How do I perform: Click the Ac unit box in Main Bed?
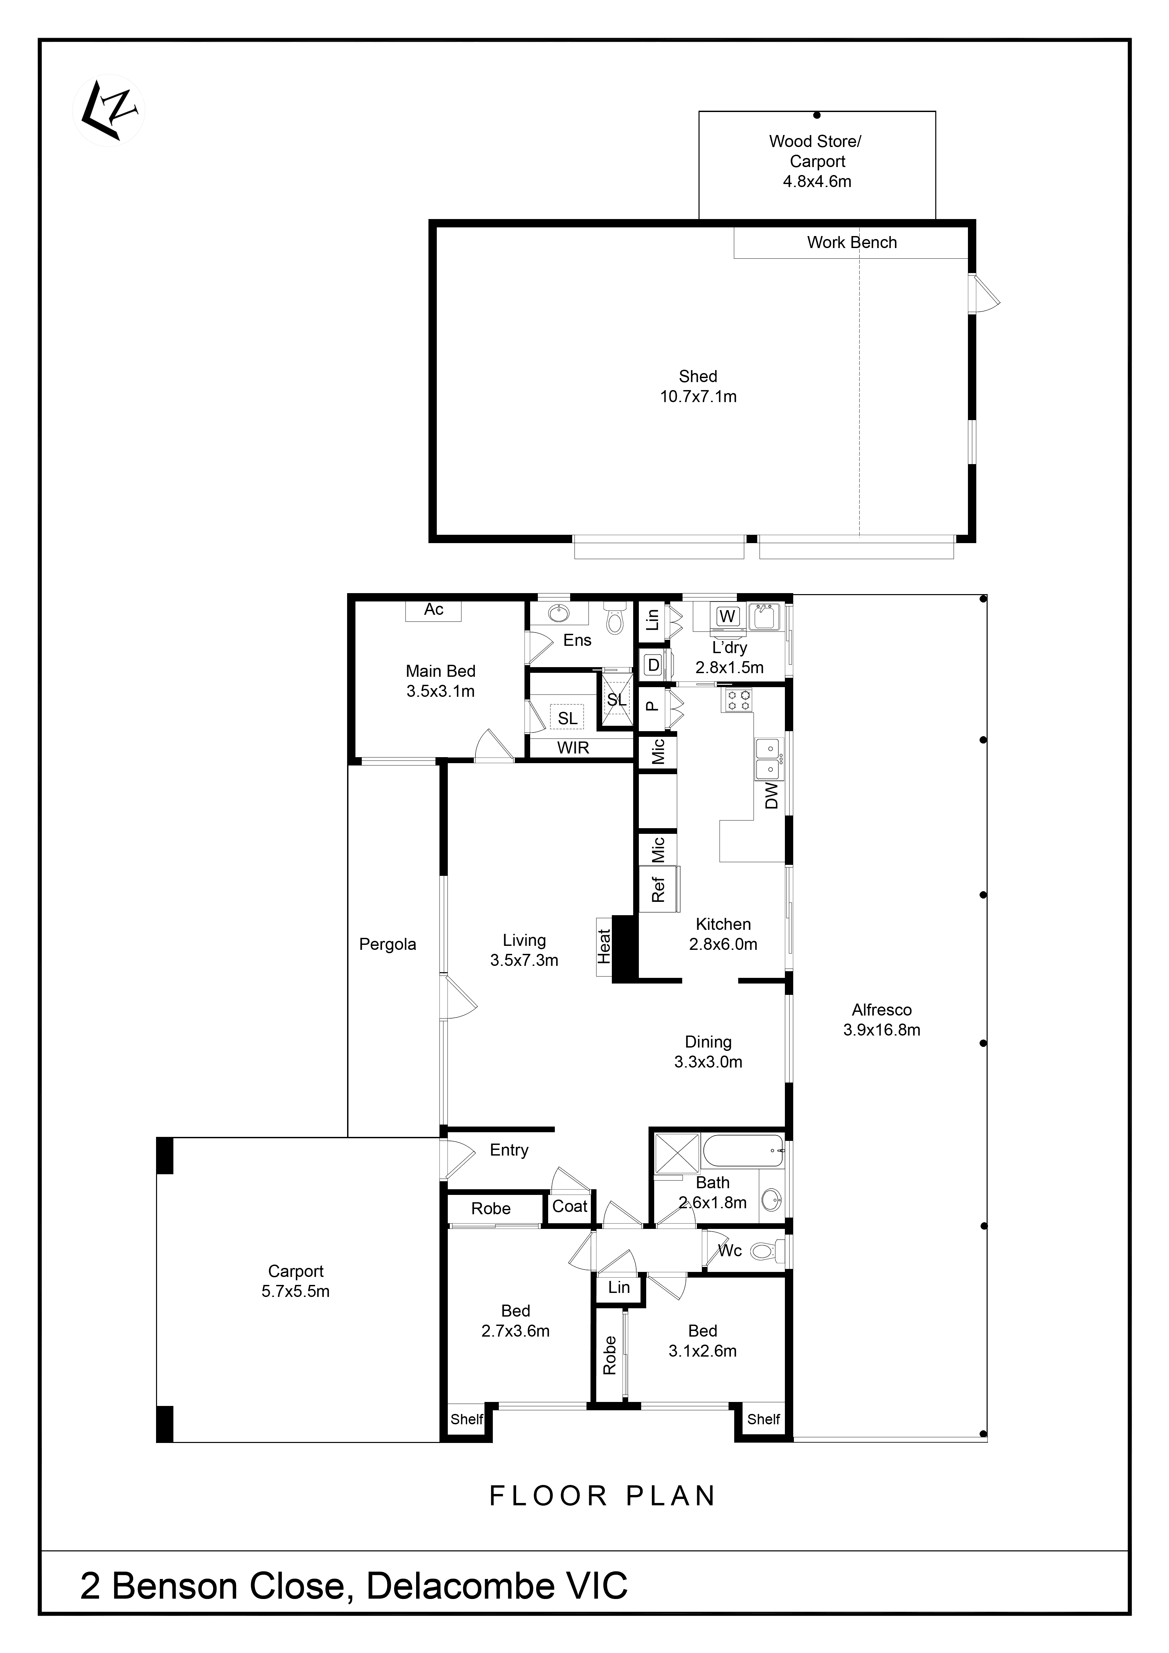(433, 610)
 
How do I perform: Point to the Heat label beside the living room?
(604, 947)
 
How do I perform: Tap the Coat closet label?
(569, 1207)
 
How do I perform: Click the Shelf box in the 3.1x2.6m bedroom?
(763, 1419)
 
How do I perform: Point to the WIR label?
(573, 748)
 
